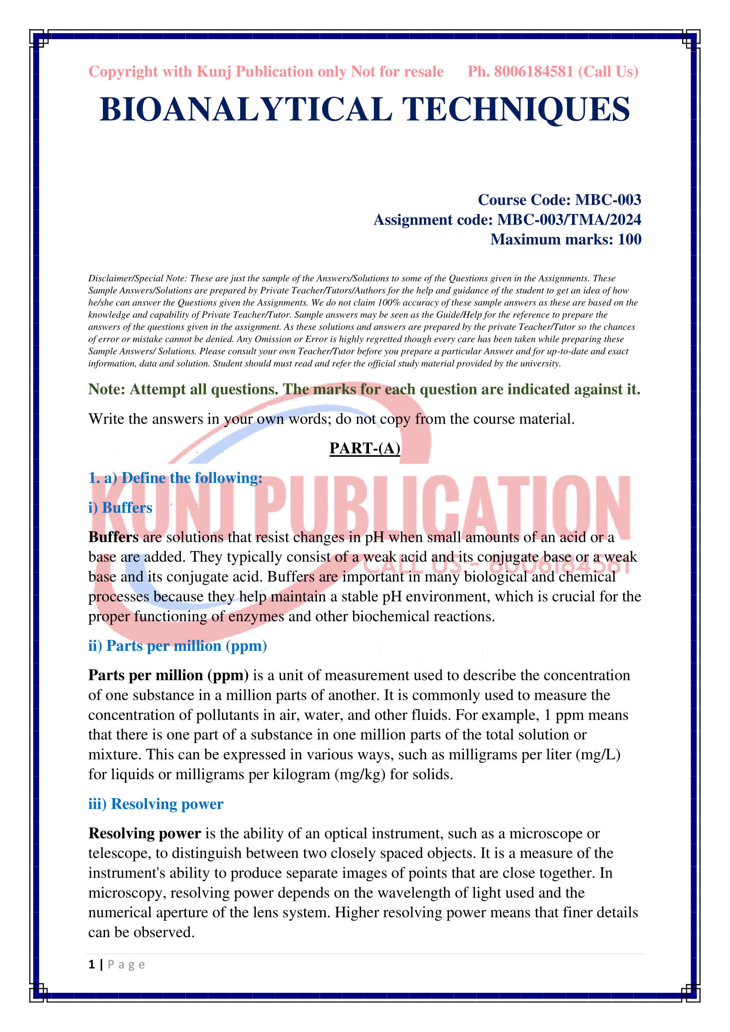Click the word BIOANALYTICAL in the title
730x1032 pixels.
[x=245, y=109]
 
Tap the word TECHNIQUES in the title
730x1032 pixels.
[x=516, y=109]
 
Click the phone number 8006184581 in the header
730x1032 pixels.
[x=533, y=71]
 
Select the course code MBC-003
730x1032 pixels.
[x=608, y=199]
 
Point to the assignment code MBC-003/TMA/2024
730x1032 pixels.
[x=568, y=219]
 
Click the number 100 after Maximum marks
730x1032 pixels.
[x=629, y=239]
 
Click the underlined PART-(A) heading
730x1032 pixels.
[x=365, y=448]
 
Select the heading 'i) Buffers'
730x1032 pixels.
[x=120, y=507]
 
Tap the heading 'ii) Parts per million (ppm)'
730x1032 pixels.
[x=177, y=645]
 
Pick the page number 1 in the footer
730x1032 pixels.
[x=92, y=964]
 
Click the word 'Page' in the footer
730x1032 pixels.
[x=126, y=965]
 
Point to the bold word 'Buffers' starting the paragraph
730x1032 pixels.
[x=113, y=537]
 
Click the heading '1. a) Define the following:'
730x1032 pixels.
[x=175, y=478]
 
